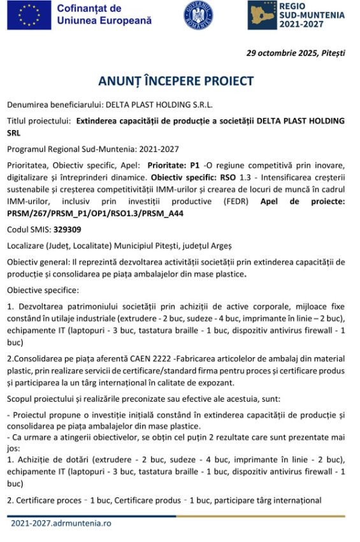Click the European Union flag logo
coord(29,15)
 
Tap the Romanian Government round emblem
coord(198,15)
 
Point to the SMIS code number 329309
coord(67,230)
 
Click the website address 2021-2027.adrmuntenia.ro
coord(61,523)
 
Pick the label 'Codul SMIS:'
coord(29,230)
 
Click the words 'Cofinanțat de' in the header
coord(89,8)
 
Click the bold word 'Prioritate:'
coord(168,165)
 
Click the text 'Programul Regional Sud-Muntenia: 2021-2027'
coord(93,149)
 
